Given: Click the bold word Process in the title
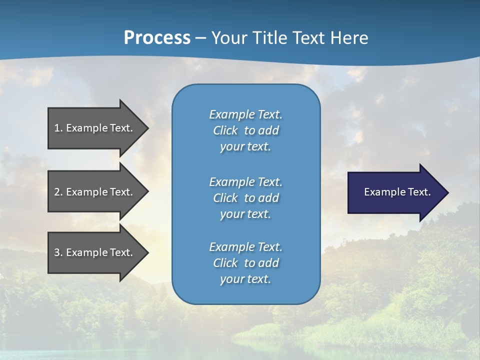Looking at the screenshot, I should point(157,38).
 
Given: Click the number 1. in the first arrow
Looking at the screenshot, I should point(58,128).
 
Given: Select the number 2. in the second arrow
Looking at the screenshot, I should point(58,192).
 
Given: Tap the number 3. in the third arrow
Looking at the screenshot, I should point(58,252).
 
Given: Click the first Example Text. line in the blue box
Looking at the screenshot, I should point(245,114).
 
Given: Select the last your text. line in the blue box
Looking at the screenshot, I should point(245,279).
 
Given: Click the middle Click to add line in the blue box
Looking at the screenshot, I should point(245,198).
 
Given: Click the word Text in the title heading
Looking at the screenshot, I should point(308,38).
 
